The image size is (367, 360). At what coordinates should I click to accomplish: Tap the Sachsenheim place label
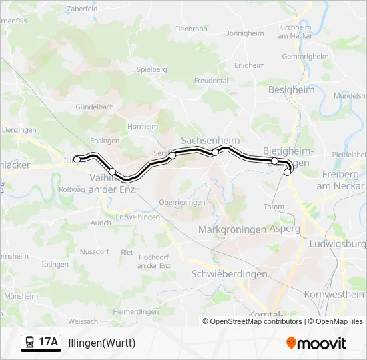coord(210,141)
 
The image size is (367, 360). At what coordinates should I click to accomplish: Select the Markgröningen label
coord(232,229)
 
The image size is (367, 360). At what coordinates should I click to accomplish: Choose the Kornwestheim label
coord(335,294)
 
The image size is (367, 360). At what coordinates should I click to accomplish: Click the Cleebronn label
coord(190,29)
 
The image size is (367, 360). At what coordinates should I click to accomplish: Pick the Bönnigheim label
coord(244,33)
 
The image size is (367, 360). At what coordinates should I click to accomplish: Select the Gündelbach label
coord(95,107)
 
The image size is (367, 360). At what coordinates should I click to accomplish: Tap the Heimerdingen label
coord(135,311)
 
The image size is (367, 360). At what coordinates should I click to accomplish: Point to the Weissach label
coord(83,321)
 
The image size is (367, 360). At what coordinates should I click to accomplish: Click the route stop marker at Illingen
coord(77,159)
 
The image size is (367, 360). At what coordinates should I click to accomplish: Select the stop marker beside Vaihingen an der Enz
coord(112,172)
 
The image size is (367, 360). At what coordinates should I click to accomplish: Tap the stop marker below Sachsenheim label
coord(215,153)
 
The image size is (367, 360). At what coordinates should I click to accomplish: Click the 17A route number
coord(49,343)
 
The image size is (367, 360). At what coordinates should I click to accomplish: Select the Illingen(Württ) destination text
coord(101,343)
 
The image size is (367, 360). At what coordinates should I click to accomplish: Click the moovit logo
coord(316,343)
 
